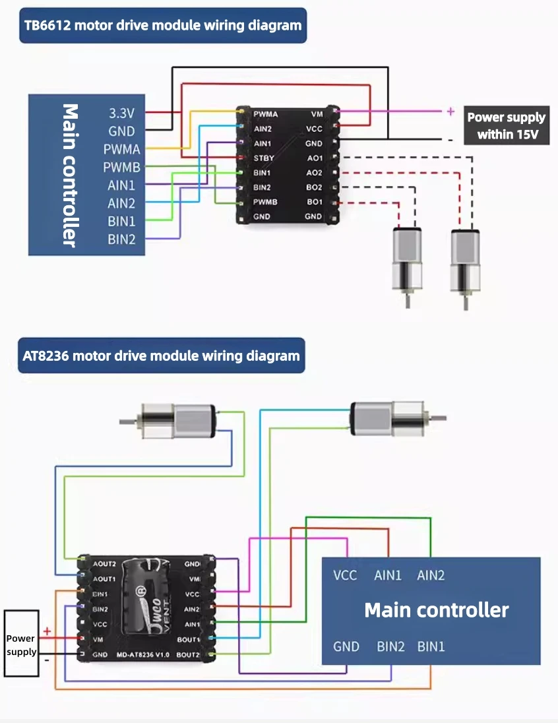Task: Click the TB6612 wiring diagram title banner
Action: click(x=163, y=26)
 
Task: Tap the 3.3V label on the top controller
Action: click(x=121, y=113)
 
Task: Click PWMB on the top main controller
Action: click(x=121, y=167)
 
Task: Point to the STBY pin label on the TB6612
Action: click(x=264, y=158)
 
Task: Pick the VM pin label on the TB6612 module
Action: click(x=317, y=114)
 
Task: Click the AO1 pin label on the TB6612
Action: click(x=315, y=158)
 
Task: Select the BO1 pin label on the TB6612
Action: click(x=315, y=202)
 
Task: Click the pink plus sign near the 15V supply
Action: click(x=450, y=111)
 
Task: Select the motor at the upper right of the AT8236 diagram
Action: click(x=388, y=418)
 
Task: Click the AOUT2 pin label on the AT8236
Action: click(x=104, y=565)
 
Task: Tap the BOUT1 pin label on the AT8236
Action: click(x=189, y=640)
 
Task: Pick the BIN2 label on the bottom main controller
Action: click(x=390, y=646)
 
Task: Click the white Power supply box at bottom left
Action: click(x=20, y=644)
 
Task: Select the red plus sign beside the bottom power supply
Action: click(x=47, y=631)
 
